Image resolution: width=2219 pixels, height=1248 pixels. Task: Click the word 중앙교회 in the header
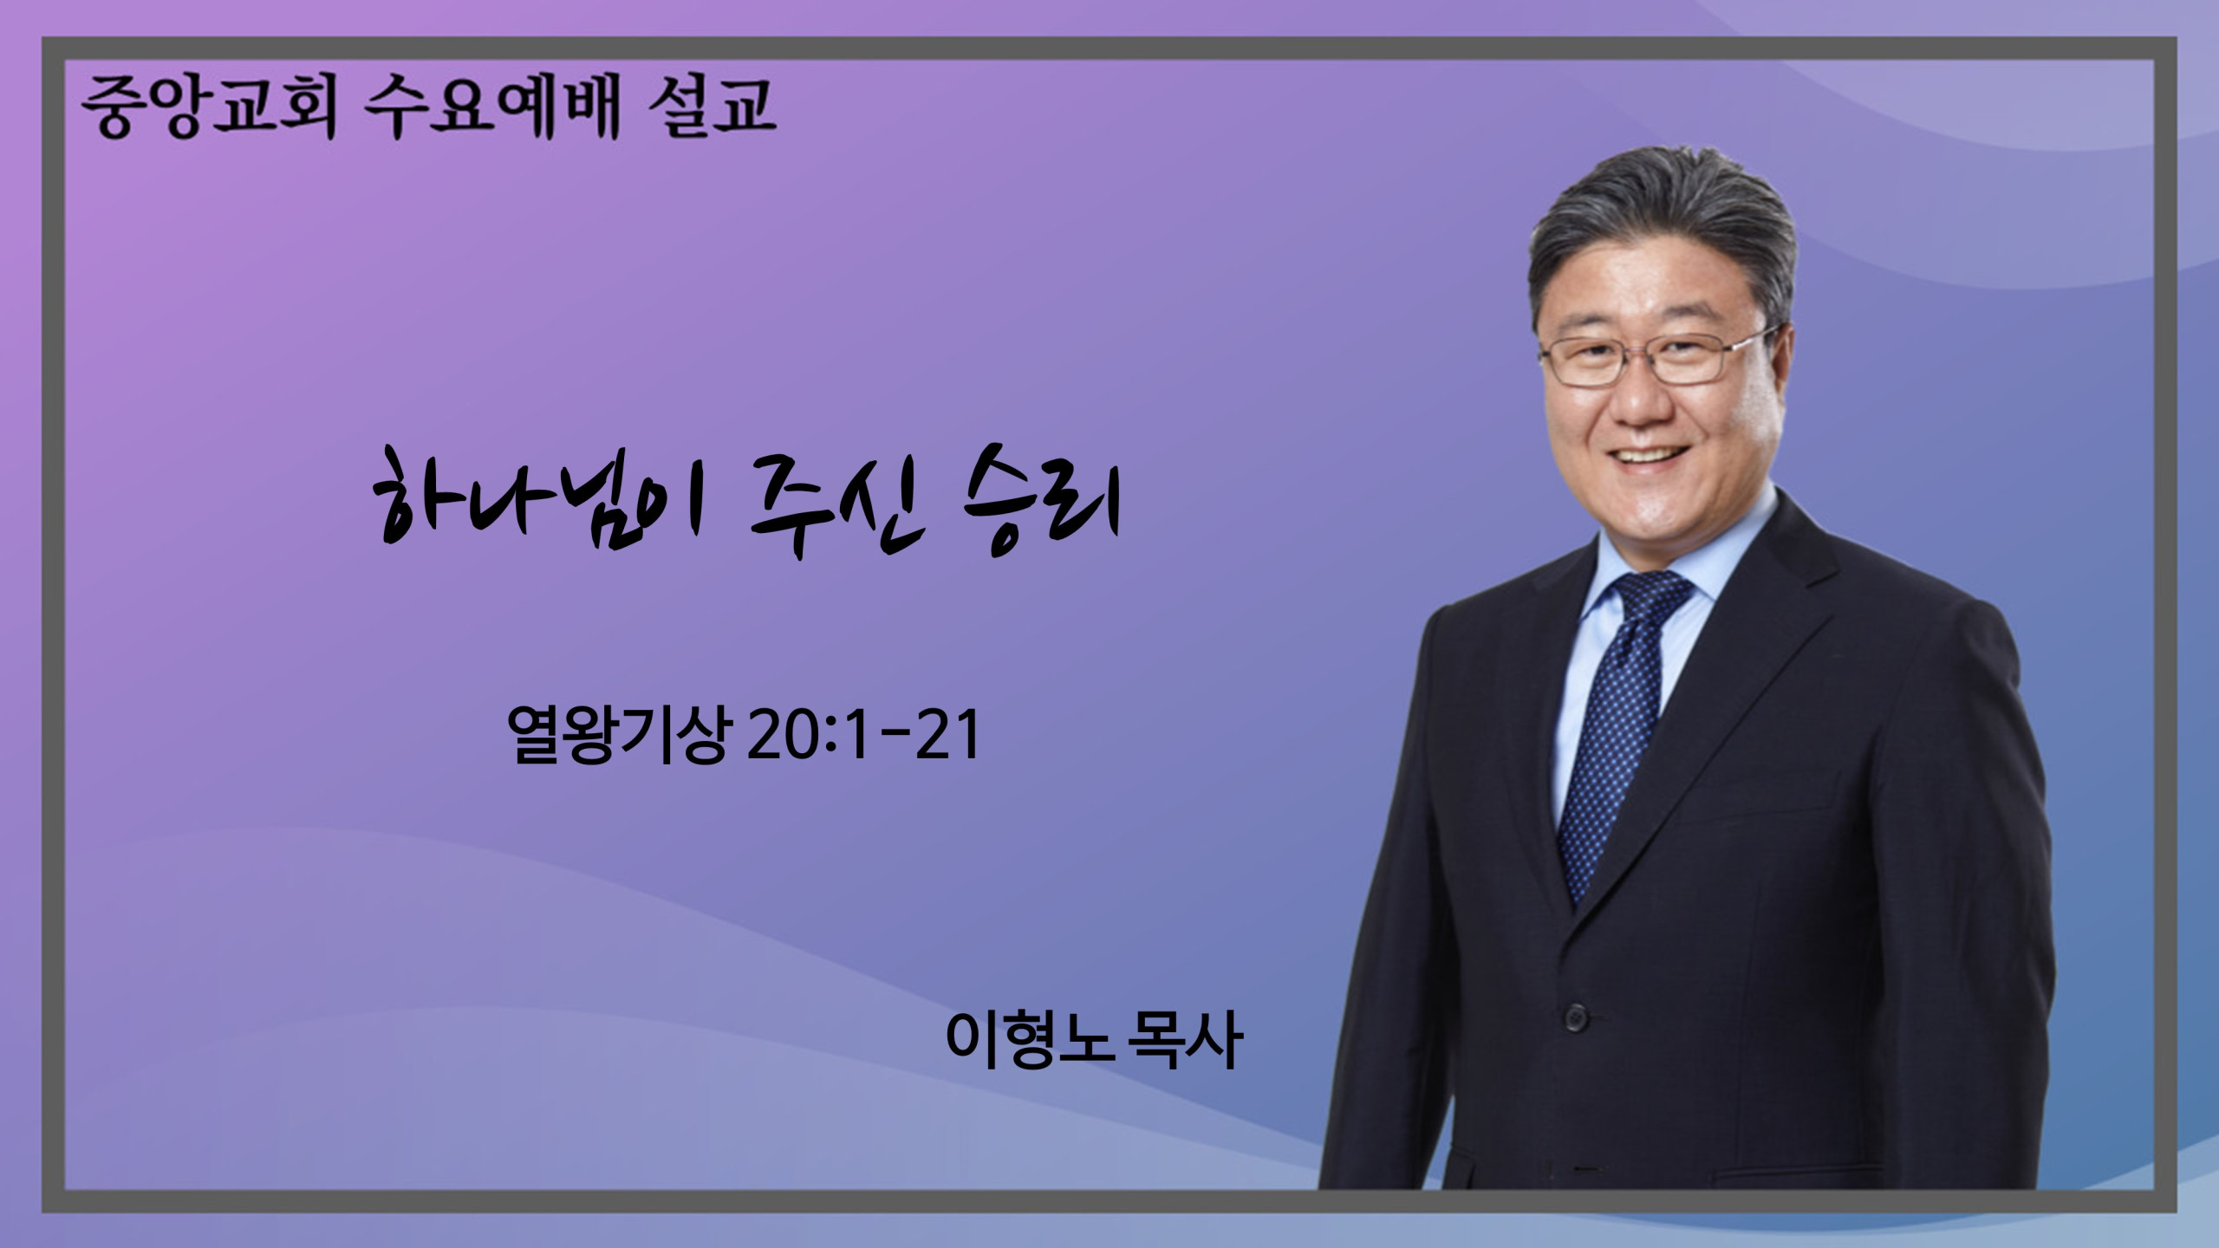[x=208, y=108]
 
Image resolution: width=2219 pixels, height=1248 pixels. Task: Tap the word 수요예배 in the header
[x=492, y=108]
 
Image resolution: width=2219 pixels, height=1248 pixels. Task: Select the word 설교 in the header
[x=711, y=108]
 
